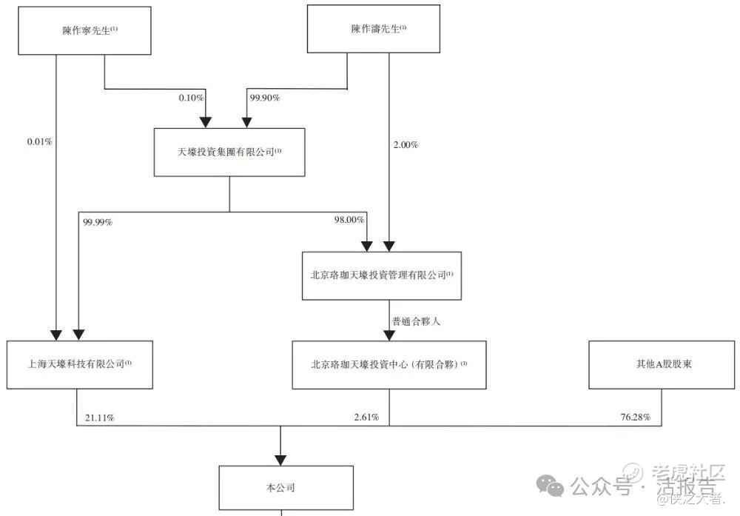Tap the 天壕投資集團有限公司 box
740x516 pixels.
pyautogui.click(x=229, y=152)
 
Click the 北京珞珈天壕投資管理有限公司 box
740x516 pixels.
pyautogui.click(x=382, y=275)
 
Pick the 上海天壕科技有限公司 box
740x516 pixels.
pyautogui.click(x=79, y=364)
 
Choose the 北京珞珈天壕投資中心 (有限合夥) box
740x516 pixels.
pyautogui.click(x=389, y=364)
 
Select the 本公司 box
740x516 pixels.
pyautogui.click(x=286, y=488)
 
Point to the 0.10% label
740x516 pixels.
pyautogui.click(x=189, y=98)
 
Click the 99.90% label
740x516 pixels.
pyautogui.click(x=266, y=98)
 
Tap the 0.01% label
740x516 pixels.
pyautogui.click(x=38, y=140)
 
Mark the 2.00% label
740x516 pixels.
pyautogui.click(x=406, y=145)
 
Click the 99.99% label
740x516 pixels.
pyautogui.click(x=98, y=221)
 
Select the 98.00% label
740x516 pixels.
pyautogui.click(x=349, y=221)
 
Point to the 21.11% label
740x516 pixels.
pyautogui.click(x=99, y=418)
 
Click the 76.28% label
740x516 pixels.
pyautogui.click(x=636, y=418)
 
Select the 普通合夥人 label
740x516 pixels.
pyautogui.click(x=420, y=321)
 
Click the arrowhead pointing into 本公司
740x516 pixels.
pyautogui.click(x=280, y=456)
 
